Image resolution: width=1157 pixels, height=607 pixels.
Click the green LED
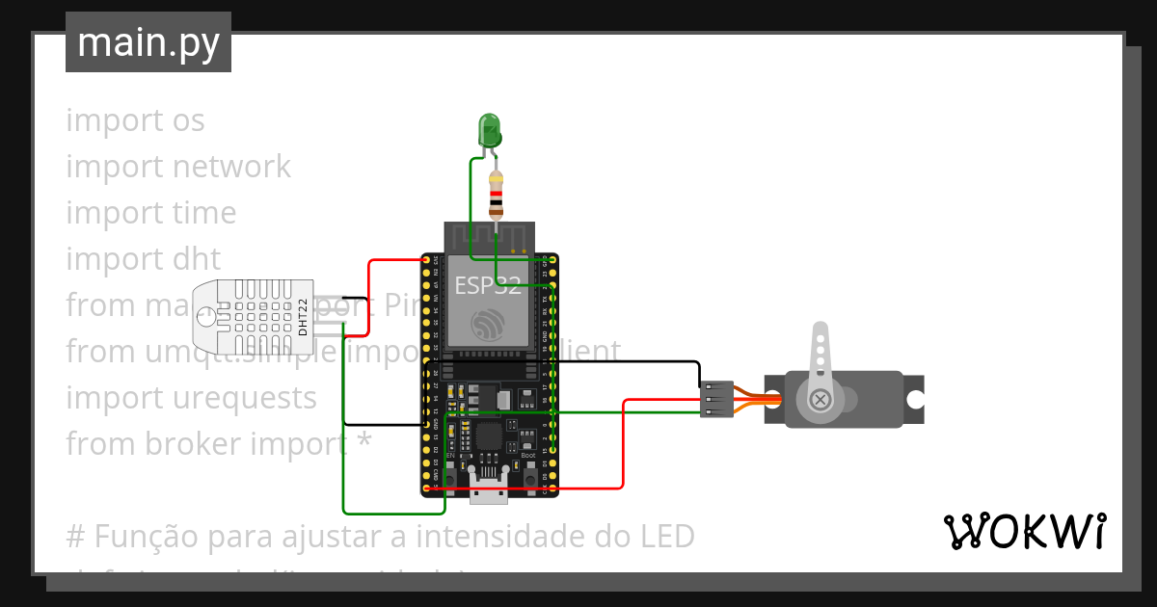(x=490, y=130)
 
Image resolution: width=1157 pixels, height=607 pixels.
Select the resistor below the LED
(x=496, y=196)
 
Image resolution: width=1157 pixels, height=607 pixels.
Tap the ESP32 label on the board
(x=488, y=285)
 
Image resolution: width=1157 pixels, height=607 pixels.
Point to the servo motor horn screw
(x=820, y=399)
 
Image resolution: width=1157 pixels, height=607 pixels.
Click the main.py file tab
(x=148, y=42)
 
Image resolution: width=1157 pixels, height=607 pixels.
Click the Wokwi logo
(x=1023, y=531)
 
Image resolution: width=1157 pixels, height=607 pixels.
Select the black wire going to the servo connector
(x=617, y=362)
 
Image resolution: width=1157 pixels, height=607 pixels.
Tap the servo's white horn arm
(x=820, y=356)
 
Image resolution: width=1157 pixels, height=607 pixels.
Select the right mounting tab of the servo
(x=914, y=399)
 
